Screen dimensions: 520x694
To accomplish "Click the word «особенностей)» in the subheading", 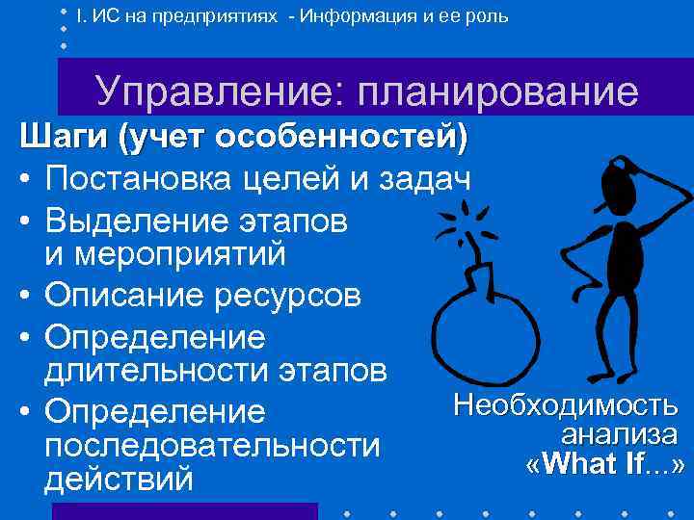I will (x=343, y=138).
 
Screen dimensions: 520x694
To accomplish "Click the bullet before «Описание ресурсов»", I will (x=27, y=297).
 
